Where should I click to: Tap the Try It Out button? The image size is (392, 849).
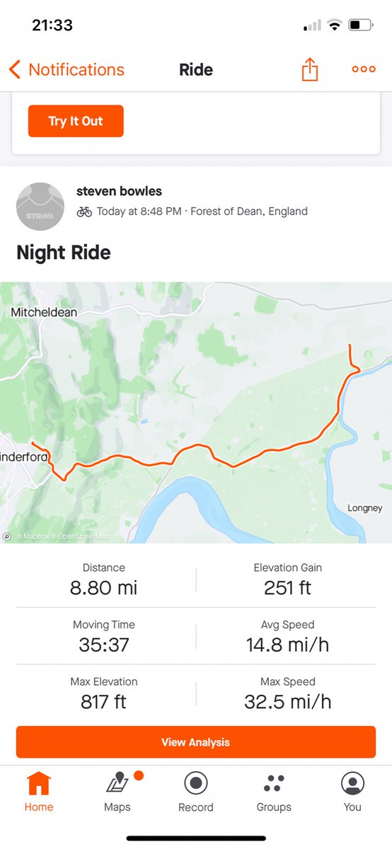(76, 121)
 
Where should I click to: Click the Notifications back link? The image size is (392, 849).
(67, 69)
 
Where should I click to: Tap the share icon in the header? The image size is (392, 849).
(310, 69)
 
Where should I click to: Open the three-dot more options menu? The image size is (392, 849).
(364, 69)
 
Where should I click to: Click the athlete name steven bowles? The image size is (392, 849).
(119, 191)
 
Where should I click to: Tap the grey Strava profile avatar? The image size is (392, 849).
(40, 206)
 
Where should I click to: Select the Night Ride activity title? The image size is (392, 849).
(64, 253)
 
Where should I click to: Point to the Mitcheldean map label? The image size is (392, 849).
(44, 312)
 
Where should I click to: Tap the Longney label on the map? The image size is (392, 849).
(365, 508)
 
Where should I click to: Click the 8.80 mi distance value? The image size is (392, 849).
(103, 588)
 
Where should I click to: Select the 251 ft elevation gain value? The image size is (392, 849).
(287, 588)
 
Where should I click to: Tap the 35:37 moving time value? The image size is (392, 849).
(103, 645)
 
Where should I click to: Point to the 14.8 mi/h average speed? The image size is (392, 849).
(287, 645)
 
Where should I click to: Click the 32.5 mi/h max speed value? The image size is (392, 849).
(287, 702)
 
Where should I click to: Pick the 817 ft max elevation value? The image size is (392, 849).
(103, 702)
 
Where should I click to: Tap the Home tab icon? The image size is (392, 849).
(39, 784)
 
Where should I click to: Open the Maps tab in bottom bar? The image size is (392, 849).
(117, 784)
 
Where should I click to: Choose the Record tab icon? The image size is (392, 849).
(195, 784)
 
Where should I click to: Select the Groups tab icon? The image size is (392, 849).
(274, 784)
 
